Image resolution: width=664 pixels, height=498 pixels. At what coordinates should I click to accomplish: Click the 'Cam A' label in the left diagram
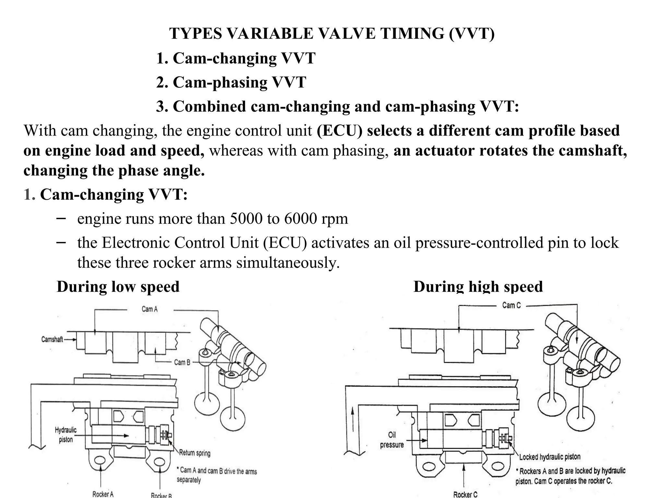tap(149, 309)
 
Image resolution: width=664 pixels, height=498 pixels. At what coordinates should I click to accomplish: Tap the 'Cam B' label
tap(182, 362)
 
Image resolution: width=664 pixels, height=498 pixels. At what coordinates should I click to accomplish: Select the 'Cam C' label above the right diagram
tap(511, 305)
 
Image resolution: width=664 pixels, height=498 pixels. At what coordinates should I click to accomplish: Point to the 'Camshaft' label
tap(52, 339)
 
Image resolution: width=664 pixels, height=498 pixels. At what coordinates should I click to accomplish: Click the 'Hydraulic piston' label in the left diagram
tap(66, 435)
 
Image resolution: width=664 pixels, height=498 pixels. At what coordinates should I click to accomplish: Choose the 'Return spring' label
tap(195, 453)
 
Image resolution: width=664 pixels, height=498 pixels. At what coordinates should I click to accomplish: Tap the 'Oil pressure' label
tap(392, 440)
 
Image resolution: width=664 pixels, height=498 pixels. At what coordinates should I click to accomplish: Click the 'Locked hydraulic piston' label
tap(550, 457)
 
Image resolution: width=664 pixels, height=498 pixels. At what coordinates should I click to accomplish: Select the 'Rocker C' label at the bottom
tap(465, 494)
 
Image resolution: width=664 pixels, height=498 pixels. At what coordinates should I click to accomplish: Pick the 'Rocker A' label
tap(103, 494)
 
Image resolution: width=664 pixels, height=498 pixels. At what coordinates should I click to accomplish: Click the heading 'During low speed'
tap(118, 287)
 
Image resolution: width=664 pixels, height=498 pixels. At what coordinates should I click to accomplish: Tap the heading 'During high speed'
tap(478, 287)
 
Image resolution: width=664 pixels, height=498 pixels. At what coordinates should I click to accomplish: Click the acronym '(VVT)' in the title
tap(472, 33)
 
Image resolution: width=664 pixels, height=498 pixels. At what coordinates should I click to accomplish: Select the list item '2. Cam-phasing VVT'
tap(231, 82)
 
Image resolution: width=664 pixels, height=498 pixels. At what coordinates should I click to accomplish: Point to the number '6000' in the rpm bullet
tap(300, 219)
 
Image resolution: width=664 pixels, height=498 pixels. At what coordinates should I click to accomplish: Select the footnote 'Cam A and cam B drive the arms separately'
tap(217, 475)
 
